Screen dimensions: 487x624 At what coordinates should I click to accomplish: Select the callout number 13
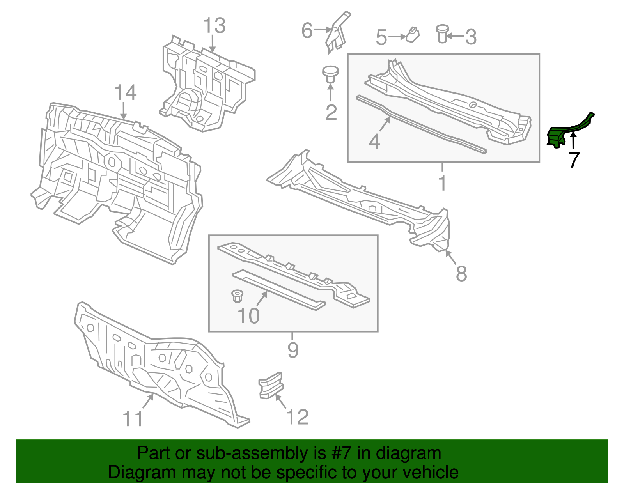point(214,26)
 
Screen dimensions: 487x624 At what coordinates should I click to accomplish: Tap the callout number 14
point(126,93)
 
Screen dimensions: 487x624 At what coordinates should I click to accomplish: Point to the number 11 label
point(133,419)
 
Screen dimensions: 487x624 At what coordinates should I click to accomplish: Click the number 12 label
point(298,417)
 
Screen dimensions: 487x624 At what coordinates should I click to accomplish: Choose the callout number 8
point(461,273)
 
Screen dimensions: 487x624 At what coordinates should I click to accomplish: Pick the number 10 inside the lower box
point(248,315)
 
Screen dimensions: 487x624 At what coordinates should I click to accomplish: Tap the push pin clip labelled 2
point(330,74)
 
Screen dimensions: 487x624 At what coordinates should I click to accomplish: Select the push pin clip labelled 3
point(442,33)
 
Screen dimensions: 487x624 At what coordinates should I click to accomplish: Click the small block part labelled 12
point(271,385)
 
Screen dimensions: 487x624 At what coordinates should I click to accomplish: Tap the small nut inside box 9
point(236,296)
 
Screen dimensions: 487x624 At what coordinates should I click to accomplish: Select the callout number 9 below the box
point(293,350)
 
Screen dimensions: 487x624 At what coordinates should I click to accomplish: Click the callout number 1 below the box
point(442,183)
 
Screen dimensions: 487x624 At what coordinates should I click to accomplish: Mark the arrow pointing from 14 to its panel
point(124,111)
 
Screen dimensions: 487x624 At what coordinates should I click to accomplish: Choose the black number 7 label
point(573,160)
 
